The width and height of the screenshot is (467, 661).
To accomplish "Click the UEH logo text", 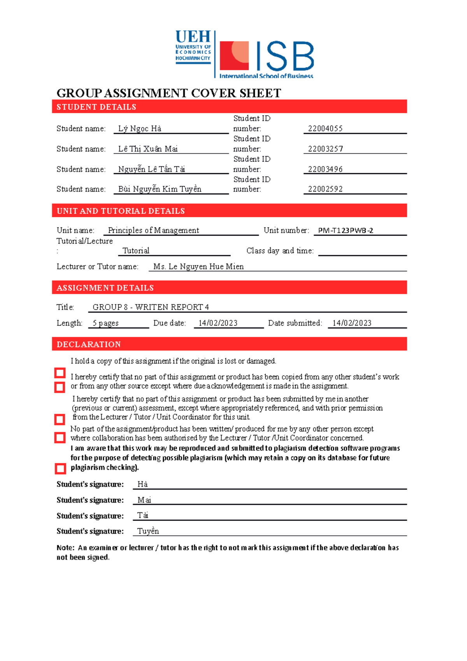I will click(193, 37).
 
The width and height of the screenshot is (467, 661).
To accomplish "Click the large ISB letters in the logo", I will click(285, 56).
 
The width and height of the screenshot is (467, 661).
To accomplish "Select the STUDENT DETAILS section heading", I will click(96, 107).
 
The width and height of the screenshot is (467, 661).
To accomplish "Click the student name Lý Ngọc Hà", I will click(140, 129).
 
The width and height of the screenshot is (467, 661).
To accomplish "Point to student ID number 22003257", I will click(325, 149).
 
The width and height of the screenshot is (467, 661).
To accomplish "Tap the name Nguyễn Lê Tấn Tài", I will click(151, 169).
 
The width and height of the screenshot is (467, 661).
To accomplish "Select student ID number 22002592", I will click(325, 189).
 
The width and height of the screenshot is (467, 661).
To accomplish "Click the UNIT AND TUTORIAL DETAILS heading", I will click(121, 211).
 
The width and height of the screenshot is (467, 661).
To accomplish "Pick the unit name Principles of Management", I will click(153, 230).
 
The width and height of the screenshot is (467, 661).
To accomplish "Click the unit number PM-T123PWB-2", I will click(346, 230).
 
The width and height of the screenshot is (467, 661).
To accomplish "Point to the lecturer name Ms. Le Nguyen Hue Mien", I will click(198, 267).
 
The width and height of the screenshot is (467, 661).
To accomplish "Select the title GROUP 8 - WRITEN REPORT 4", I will click(151, 307).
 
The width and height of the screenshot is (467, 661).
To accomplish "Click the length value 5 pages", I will click(105, 323).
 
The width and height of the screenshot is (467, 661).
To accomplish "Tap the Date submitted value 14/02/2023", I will click(352, 323).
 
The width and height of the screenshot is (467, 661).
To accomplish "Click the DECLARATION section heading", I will click(89, 345).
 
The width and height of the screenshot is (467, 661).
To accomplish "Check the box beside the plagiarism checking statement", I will click(60, 469).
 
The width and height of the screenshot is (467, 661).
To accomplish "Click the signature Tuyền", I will click(148, 531).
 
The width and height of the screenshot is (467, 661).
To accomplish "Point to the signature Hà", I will click(142, 484).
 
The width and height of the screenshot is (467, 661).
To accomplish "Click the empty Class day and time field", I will click(362, 251).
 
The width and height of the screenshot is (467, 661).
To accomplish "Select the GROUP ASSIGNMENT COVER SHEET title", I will click(169, 93).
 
